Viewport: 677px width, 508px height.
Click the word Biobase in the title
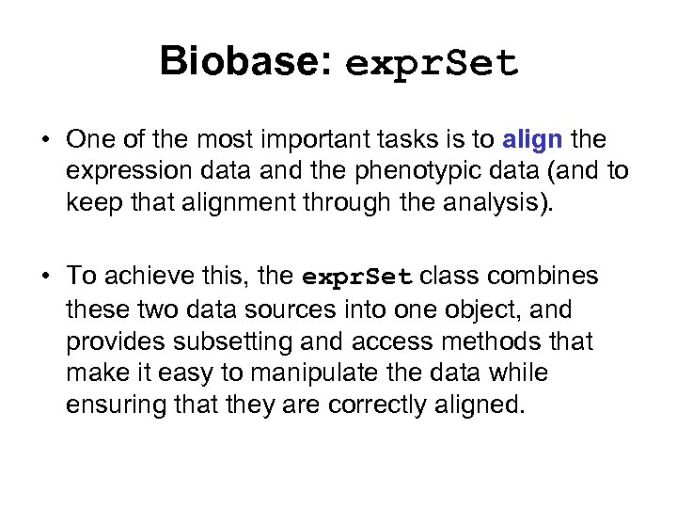coord(240,61)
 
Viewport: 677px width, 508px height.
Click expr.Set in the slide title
coord(432,63)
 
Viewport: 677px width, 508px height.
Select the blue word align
coord(533,140)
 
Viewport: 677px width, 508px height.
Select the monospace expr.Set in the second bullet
coord(357,277)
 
